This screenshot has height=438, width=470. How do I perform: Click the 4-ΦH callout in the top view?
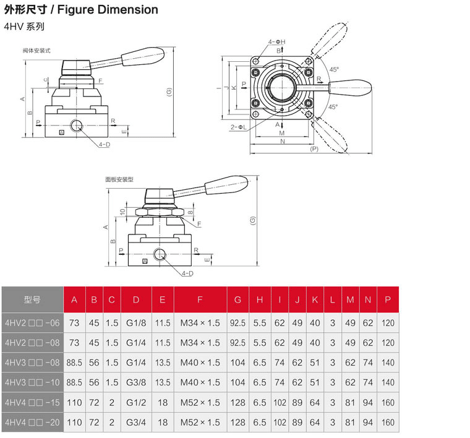point(276,42)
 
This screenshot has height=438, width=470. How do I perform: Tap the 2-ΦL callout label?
point(238,127)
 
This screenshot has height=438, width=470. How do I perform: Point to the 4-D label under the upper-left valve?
point(103,144)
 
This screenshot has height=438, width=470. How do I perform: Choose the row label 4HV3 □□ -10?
point(32,382)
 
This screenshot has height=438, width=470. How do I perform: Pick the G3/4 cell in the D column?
point(135,423)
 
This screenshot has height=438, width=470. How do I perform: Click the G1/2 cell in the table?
point(135,403)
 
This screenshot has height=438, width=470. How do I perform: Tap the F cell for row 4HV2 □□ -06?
point(200,322)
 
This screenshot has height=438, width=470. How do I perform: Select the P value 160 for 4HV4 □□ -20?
point(388,423)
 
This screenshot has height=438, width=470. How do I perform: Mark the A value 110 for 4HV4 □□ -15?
point(74,403)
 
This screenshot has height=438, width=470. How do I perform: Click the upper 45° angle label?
point(334,70)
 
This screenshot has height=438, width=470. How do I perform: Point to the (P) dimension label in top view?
point(314,149)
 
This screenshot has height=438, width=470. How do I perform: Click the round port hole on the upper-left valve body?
point(76,126)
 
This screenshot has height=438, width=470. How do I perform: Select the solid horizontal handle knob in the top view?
point(350,87)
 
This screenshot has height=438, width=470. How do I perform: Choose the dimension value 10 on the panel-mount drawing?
point(122,212)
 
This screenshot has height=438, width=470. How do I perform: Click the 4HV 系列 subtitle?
point(24,27)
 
